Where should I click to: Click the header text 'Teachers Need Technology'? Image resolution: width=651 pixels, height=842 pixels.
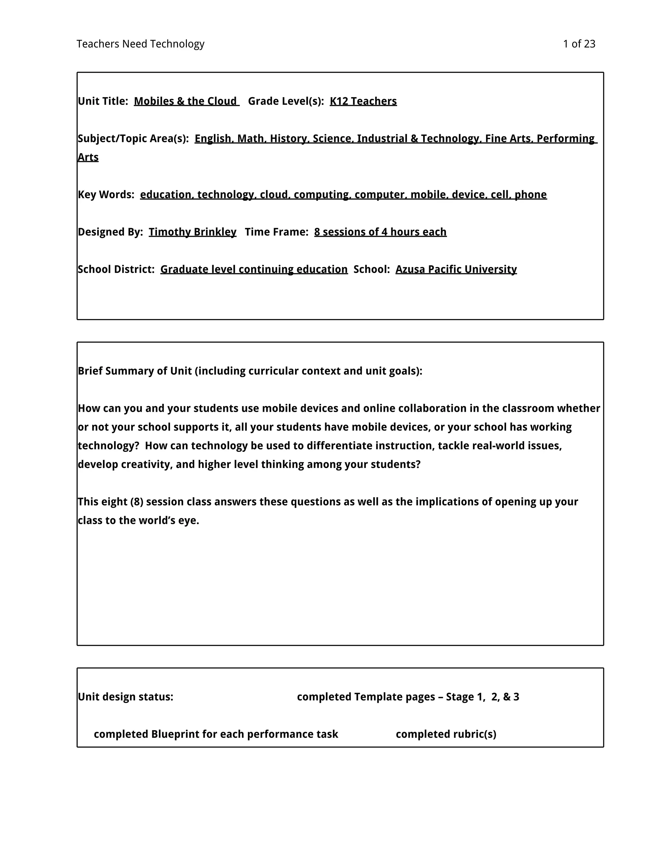(x=140, y=44)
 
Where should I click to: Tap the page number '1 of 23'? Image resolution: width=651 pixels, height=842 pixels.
(x=579, y=44)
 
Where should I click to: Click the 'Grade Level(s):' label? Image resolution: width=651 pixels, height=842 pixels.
(x=286, y=101)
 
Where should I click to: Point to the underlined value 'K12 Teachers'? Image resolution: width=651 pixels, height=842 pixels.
(x=363, y=101)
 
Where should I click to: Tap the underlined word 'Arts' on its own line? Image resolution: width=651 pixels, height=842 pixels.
(x=88, y=157)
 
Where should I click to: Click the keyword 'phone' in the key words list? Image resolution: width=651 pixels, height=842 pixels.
(x=530, y=194)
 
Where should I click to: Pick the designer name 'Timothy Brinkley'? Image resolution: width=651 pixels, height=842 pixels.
(x=192, y=232)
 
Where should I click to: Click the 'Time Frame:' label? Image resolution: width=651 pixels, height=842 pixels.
(x=277, y=232)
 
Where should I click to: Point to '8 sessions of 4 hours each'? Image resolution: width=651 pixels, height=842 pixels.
(x=380, y=232)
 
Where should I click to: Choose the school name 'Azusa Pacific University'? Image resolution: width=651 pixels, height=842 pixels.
(x=456, y=269)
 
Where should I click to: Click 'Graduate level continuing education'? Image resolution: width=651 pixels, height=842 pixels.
(x=254, y=269)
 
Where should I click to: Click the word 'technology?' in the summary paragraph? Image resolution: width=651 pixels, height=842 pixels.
(x=108, y=446)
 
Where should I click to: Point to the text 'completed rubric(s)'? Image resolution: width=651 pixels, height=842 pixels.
(x=446, y=734)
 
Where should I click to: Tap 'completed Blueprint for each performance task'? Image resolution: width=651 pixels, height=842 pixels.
(x=216, y=734)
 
